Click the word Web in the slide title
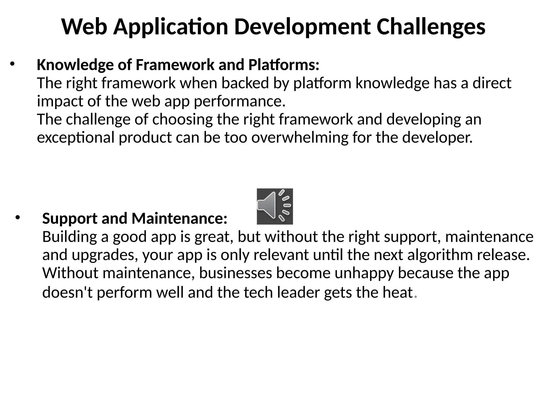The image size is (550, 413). click(x=84, y=27)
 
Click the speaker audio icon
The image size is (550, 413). click(x=275, y=206)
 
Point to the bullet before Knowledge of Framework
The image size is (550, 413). click(x=12, y=64)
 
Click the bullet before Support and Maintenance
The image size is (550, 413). click(x=18, y=218)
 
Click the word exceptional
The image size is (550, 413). click(x=76, y=138)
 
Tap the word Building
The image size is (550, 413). click(x=69, y=237)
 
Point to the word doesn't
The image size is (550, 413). click(x=67, y=292)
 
